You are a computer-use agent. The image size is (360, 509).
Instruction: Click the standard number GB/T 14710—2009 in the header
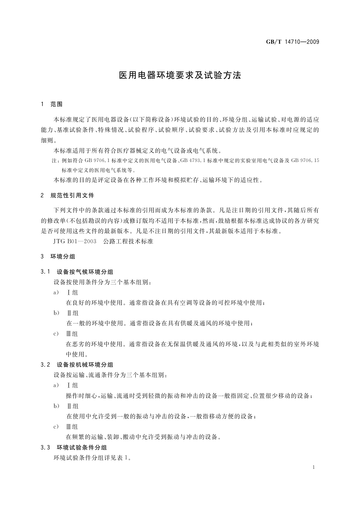(292, 42)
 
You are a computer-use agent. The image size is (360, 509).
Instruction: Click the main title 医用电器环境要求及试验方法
(180, 75)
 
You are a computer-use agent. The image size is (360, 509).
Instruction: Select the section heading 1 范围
(52, 104)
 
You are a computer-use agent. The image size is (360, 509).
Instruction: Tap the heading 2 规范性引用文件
(67, 196)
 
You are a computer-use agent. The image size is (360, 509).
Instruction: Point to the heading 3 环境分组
(58, 257)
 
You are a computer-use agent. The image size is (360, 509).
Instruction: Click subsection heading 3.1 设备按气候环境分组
(77, 272)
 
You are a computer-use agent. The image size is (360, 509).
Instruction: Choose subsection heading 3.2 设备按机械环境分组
(77, 365)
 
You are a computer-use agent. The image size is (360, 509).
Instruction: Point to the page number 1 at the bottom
(314, 467)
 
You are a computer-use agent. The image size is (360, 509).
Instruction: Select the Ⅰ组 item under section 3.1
(72, 293)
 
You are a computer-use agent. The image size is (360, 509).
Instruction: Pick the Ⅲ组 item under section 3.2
(72, 426)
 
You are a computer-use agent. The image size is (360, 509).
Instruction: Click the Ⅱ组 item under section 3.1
(72, 313)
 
